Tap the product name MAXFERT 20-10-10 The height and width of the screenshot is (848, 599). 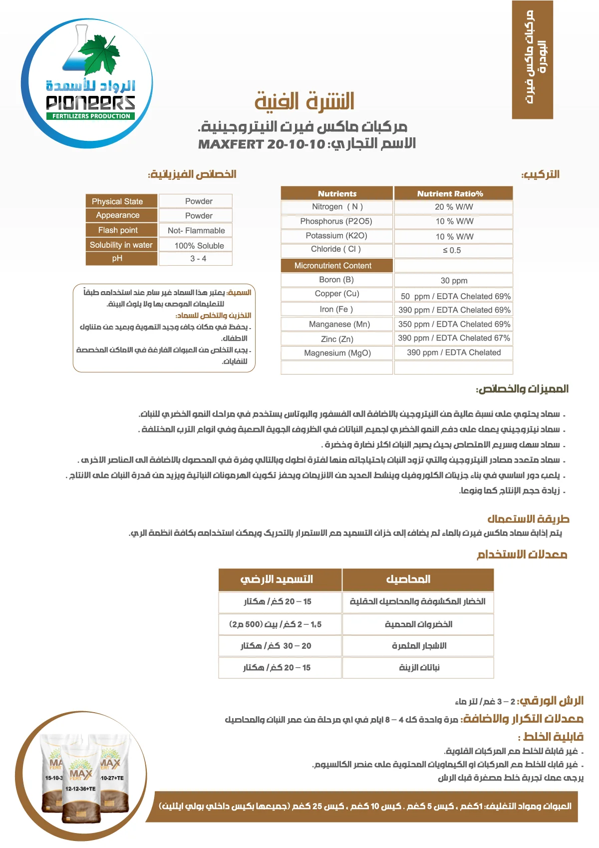coord(262,144)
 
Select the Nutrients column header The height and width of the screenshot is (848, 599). coord(337,193)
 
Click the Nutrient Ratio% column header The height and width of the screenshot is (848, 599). coord(453,193)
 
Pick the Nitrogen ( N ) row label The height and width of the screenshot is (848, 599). coord(337,207)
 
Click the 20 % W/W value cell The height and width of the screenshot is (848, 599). coord(453,207)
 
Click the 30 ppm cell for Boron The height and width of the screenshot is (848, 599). coord(453,281)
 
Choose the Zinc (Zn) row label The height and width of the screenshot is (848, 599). coord(337,339)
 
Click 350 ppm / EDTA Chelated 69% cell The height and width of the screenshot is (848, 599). coord(454,324)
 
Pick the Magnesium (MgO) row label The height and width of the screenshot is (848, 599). coord(337,353)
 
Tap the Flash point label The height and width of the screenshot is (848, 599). coord(118,230)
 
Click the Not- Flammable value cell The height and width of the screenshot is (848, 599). coord(196,231)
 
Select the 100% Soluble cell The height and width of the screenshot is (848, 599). coord(199,246)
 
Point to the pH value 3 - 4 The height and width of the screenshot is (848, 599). coord(198,259)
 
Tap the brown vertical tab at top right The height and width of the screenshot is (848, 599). coord(532,59)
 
